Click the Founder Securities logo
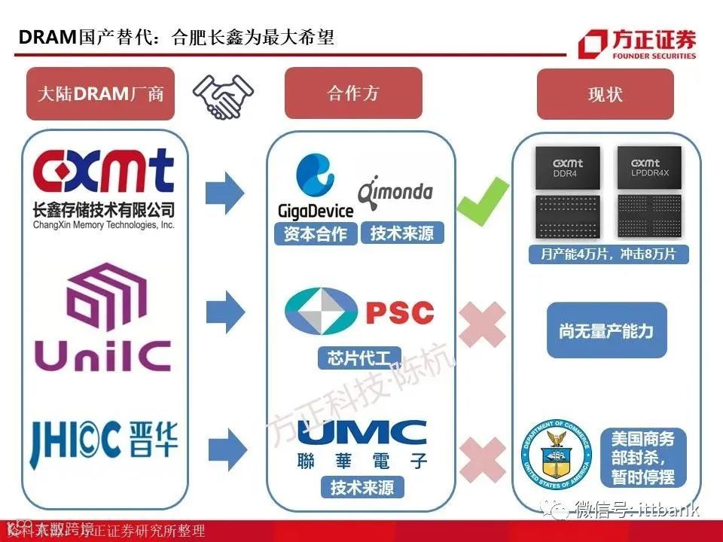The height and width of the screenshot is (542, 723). pyautogui.click(x=636, y=43)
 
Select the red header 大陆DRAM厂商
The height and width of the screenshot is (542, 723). pyautogui.click(x=100, y=94)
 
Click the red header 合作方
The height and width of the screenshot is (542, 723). pyautogui.click(x=352, y=93)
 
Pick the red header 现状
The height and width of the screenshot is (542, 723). pyautogui.click(x=605, y=96)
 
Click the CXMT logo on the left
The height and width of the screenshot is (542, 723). pyautogui.click(x=104, y=173)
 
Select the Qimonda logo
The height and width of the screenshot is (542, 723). pyautogui.click(x=395, y=191)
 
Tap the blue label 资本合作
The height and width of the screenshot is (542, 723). pyautogui.click(x=315, y=234)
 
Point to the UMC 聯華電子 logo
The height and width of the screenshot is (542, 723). pyautogui.click(x=362, y=444)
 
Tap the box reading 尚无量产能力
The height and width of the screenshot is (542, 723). pyautogui.click(x=606, y=330)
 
